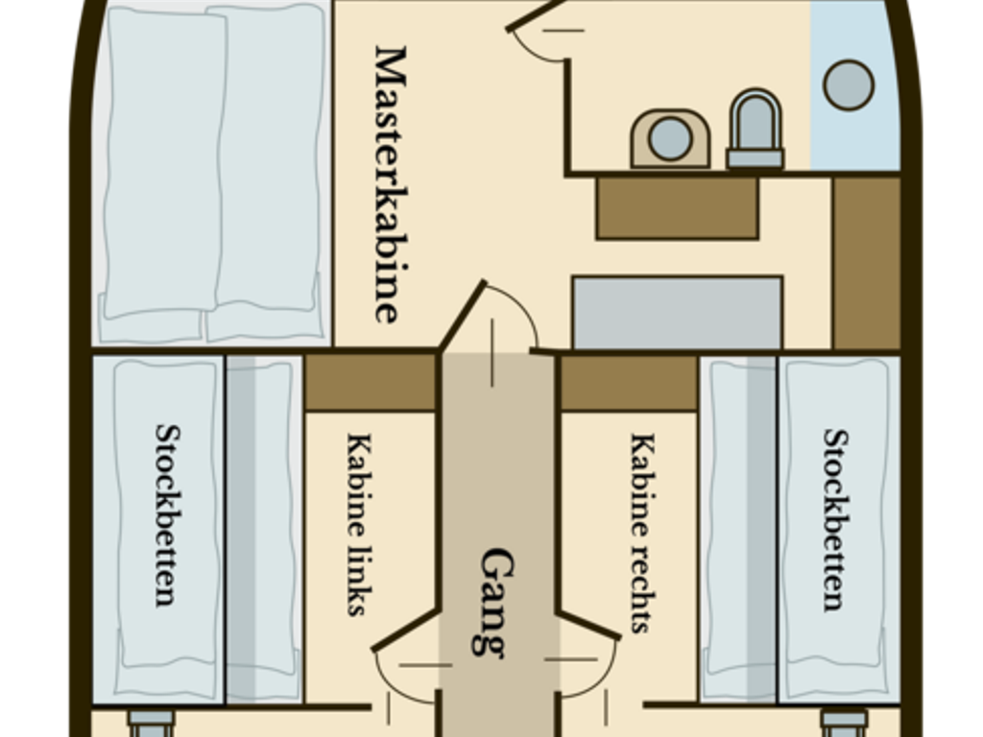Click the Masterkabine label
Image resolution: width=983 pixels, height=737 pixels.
390,184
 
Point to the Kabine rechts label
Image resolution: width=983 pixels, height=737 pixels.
642,533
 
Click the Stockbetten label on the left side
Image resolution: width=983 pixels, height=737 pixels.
168,515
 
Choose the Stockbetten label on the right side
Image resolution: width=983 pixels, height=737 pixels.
836,519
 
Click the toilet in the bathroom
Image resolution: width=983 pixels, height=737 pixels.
755,130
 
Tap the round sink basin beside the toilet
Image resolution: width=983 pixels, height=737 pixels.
670,138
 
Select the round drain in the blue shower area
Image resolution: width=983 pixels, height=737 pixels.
849,85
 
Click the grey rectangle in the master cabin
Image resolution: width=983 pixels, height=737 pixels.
678,313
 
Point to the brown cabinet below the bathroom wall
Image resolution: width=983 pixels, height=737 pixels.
678,208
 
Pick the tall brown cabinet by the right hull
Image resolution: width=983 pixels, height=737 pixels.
867,263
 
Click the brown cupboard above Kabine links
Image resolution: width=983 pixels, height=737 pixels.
370,383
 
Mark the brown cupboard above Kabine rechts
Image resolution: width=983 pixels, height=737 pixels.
629,383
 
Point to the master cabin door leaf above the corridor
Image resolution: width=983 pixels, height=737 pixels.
462,315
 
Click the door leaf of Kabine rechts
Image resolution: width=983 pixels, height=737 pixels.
588,625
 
